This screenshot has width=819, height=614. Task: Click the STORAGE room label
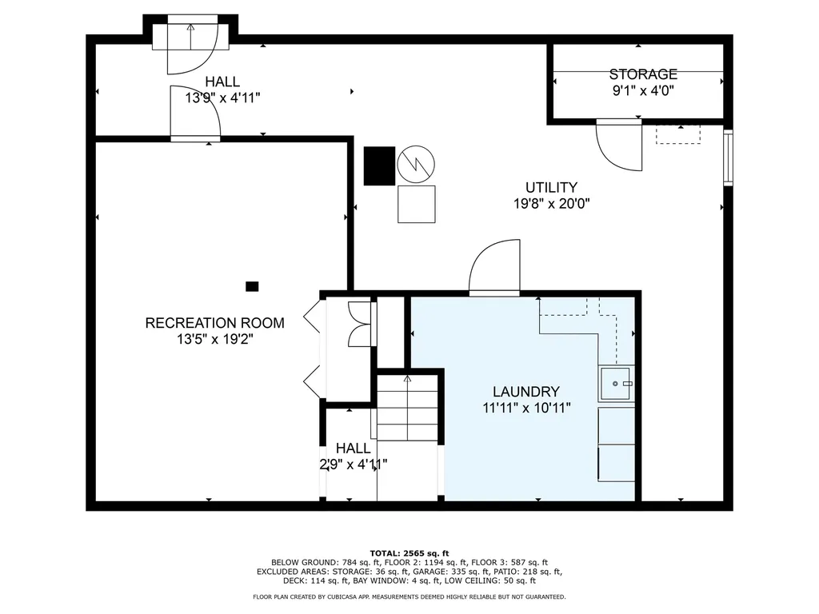coord(643,74)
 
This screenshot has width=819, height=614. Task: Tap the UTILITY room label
coord(551,187)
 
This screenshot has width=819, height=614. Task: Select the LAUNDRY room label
coord(526,392)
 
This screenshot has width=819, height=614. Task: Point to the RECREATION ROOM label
coord(214,323)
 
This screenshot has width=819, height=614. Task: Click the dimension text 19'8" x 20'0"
coord(552,204)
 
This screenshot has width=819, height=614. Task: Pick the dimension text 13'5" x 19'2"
coord(214,339)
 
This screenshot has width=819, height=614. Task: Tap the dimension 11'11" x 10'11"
coord(526,408)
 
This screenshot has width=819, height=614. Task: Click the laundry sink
coord(617,384)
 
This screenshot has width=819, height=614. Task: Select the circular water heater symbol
coord(416,163)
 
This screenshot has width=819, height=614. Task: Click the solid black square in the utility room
coord(380,166)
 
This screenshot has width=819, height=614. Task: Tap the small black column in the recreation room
coord(252,286)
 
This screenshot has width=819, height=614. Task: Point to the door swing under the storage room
coord(619,146)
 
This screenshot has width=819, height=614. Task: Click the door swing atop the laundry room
coord(494,267)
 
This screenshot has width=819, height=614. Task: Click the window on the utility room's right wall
coord(728,157)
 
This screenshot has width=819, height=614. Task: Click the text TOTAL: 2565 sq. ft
coord(409,553)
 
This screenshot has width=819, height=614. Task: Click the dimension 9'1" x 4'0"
coord(643,91)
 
